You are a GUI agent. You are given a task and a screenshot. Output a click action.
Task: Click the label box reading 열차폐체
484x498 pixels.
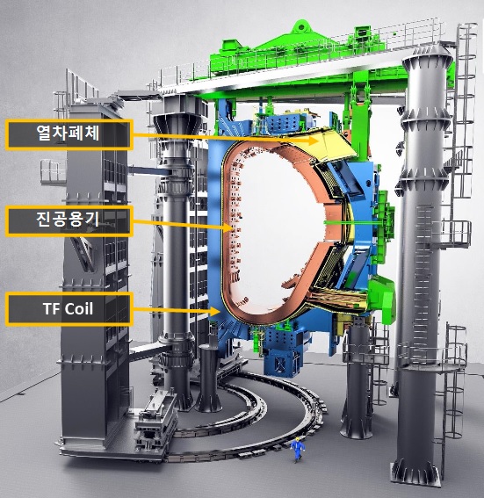point(69,134)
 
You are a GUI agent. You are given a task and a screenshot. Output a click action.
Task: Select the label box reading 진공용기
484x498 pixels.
point(69,220)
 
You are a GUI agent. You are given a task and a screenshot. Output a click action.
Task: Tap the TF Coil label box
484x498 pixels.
point(69,309)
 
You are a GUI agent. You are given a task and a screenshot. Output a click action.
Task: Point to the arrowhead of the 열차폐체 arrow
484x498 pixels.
point(314,140)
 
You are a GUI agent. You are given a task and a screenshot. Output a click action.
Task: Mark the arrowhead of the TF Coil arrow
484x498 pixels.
point(215,311)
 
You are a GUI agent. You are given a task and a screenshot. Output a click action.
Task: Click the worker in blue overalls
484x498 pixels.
point(298,449)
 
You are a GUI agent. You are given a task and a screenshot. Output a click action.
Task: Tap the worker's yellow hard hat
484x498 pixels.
point(297,439)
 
